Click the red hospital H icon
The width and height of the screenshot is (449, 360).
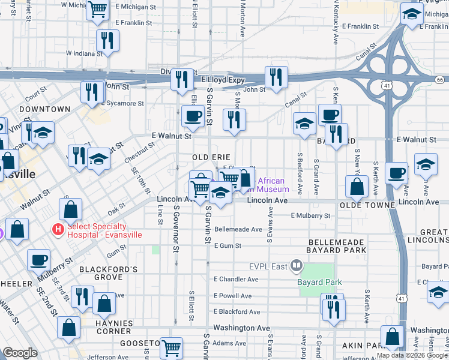(58, 230)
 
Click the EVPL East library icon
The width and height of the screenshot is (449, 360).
(296, 265)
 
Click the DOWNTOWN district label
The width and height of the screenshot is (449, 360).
(44, 109)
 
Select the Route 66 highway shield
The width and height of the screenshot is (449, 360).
(440, 79)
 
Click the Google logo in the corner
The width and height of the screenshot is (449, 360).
(20, 353)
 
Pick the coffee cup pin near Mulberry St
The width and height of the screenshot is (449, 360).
(39, 260)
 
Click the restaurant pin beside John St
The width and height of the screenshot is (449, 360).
(276, 77)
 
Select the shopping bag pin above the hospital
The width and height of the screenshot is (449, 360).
(70, 209)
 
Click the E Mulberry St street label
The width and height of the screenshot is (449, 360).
(310, 215)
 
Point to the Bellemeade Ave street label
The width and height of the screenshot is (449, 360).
(238, 229)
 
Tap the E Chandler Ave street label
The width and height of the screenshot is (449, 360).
(236, 279)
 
